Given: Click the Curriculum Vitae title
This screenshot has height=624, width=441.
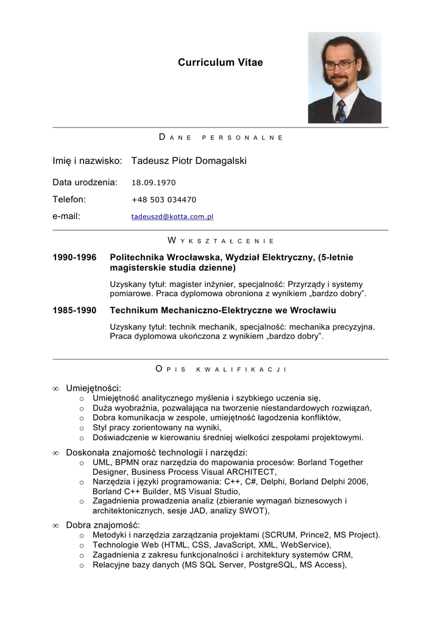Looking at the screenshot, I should coord(220,63).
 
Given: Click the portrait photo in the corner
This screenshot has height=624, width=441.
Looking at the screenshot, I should coord(344,77).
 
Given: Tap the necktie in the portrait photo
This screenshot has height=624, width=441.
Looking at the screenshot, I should coord(341,111).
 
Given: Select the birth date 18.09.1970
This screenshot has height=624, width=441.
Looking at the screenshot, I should coord(153,182).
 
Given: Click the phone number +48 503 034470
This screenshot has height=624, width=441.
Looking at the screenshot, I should coord(164,199).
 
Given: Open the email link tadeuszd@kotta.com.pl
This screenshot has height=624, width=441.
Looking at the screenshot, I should coord(172,216).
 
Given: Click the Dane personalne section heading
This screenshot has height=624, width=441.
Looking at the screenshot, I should coord(220,138).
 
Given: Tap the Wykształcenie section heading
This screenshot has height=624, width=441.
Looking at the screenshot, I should coord(220,241).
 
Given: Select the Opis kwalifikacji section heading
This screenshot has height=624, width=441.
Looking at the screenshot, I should coord(220,369).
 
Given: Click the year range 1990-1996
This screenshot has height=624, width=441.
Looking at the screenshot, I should coord(74,258).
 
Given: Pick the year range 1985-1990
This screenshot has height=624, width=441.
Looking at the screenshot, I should coord(74,311).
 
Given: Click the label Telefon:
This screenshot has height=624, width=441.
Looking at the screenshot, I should coord(69,199).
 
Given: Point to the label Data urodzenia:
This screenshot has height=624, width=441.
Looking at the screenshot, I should coord(85,182).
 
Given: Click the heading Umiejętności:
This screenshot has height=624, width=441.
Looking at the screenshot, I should coord(94,388).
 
